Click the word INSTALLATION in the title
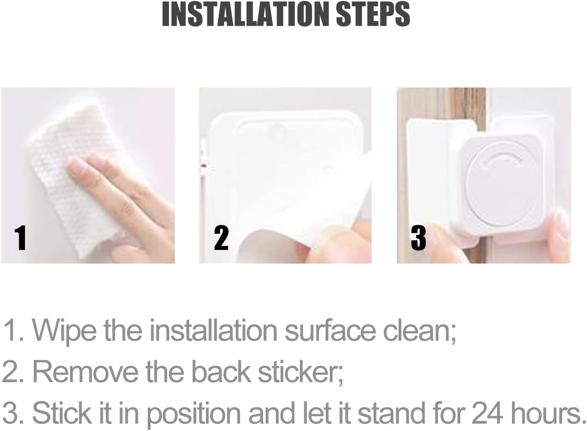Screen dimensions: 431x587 (x=247, y=15)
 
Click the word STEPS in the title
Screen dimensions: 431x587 (x=372, y=15)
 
